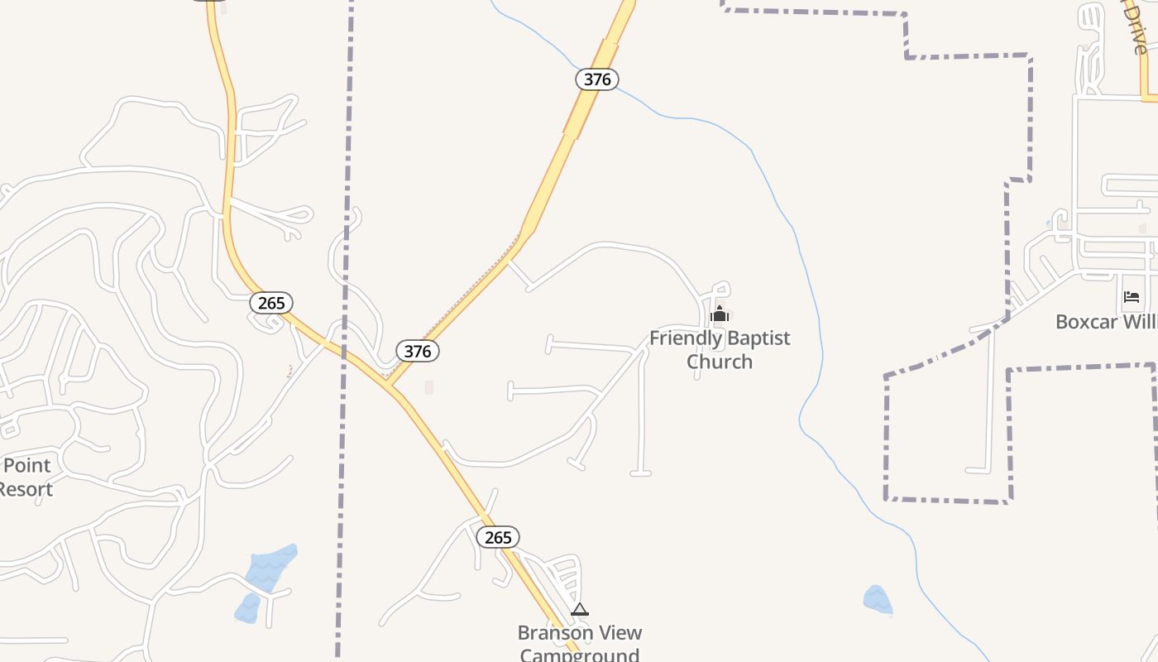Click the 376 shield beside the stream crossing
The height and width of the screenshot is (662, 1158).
597,79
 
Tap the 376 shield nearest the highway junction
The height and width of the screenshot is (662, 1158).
418,351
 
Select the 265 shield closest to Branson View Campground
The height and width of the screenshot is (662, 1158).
498,537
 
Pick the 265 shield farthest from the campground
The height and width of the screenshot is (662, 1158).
271,303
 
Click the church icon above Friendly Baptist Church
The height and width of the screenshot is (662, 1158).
720,314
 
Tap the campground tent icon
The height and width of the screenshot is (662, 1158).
580,611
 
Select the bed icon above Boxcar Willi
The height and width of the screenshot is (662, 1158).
1132,297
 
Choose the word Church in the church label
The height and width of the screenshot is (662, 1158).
720,362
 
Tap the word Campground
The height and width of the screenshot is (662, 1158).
579,655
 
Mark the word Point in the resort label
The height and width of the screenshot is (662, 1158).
26,466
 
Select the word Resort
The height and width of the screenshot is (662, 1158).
25,489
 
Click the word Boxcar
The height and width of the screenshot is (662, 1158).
1089,321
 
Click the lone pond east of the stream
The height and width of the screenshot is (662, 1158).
878,600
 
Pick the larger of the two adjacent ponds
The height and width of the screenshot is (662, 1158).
271,568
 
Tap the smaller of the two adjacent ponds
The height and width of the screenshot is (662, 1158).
247,609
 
